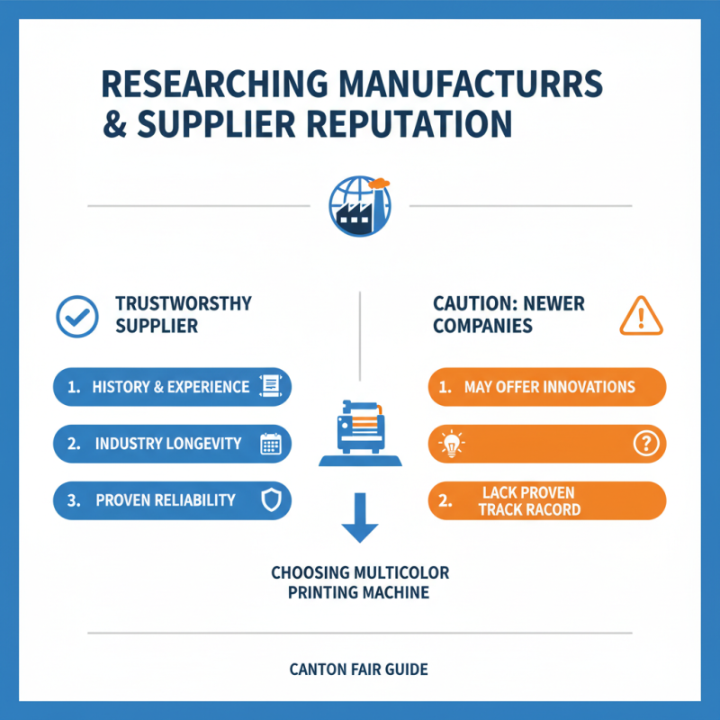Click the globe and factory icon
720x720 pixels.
(360, 206)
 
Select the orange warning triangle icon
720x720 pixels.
(641, 316)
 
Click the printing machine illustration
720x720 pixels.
(361, 433)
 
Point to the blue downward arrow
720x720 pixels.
(360, 517)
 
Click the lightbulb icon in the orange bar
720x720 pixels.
(452, 444)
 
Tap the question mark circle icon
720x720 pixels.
(646, 444)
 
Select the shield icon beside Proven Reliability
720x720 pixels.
(271, 500)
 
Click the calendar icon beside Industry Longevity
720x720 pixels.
(271, 444)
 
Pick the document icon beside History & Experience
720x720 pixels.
(271, 386)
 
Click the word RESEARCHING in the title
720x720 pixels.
(215, 84)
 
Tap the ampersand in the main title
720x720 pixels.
(114, 124)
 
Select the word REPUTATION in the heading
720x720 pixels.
(409, 124)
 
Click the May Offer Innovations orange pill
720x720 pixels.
(547, 387)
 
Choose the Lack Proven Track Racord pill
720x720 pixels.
(547, 500)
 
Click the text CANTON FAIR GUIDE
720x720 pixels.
(358, 670)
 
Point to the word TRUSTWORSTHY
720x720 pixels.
(184, 303)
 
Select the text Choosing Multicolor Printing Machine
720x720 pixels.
(360, 582)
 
